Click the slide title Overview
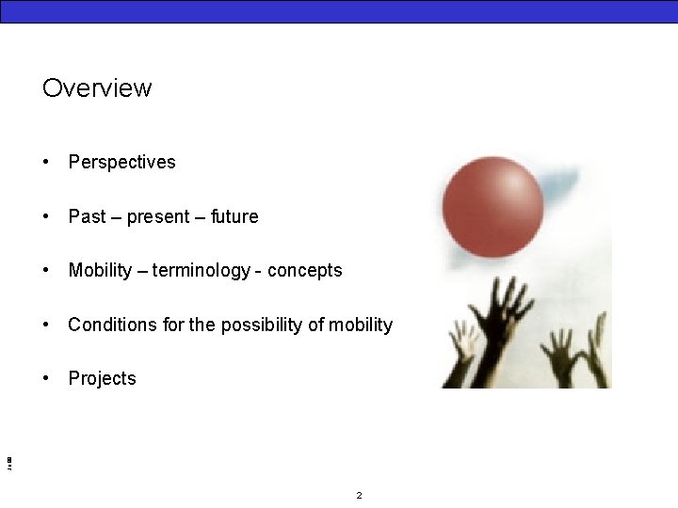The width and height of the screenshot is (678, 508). tap(96, 88)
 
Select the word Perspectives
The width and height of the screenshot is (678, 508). tap(121, 163)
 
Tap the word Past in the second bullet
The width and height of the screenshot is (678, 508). tap(87, 216)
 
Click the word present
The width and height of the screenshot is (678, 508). tap(158, 217)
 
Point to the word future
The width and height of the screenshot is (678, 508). tap(234, 216)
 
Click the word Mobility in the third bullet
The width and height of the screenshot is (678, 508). tap(100, 271)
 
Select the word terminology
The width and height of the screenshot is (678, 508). tap(202, 271)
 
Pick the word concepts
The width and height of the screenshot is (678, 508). tap(305, 271)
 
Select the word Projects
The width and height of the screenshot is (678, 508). tap(102, 379)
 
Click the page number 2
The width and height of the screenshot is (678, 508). tap(359, 495)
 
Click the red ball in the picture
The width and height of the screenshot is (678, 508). tap(492, 206)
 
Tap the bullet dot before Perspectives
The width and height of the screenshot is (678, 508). tap(46, 163)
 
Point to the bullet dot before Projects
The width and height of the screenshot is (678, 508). tap(46, 379)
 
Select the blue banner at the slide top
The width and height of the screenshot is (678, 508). tap(339, 10)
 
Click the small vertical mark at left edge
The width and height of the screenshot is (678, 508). tap(8, 462)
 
